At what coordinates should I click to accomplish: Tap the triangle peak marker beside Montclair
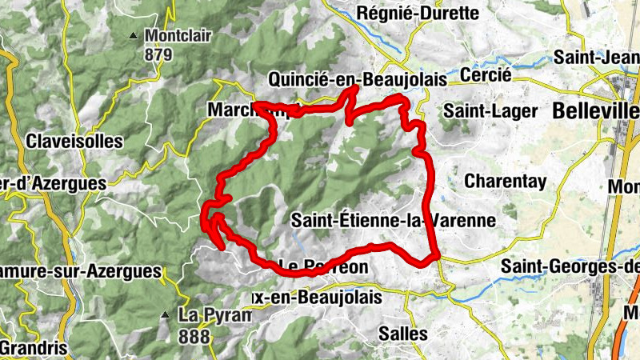pos(134,35)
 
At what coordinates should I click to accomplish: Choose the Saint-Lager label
pos(491,110)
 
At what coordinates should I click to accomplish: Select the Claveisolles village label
pos(74,142)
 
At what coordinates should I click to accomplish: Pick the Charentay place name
pos(506,181)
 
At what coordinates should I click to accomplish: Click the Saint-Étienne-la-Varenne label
pos(394,218)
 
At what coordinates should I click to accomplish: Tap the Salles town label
pos(404,333)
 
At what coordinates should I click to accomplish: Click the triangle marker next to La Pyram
pos(166,314)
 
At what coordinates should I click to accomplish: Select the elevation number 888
pos(194,335)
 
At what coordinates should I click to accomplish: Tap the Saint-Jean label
pos(597,58)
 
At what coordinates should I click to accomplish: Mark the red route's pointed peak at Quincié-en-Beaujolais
pos(350,89)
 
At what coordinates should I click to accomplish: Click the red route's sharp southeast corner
pos(438,256)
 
